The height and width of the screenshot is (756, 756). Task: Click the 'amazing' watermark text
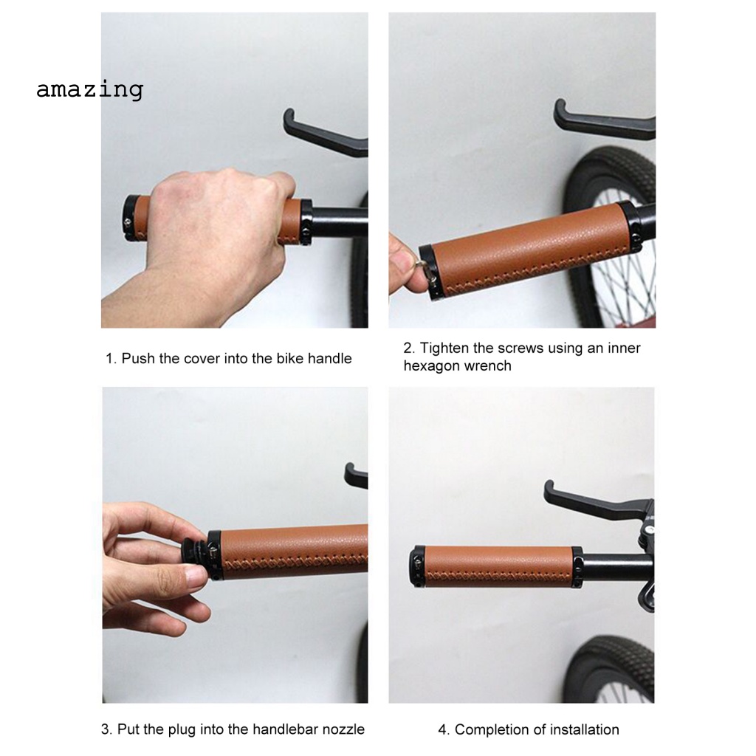pos(89,89)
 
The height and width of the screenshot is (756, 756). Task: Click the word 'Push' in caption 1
pos(138,359)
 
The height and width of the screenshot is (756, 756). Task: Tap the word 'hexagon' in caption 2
pos(431,365)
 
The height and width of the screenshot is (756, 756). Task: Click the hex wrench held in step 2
pos(423,261)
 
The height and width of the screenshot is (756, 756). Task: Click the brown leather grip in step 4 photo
pos(495,566)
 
